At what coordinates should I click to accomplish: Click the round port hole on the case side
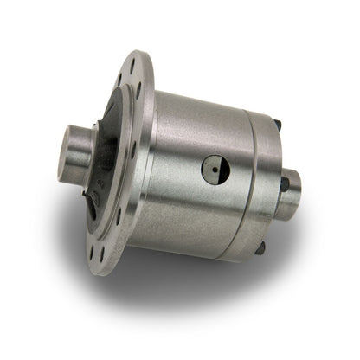(x=212, y=170)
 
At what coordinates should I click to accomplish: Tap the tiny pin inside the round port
(x=213, y=170)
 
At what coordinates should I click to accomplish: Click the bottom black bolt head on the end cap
(x=260, y=248)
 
